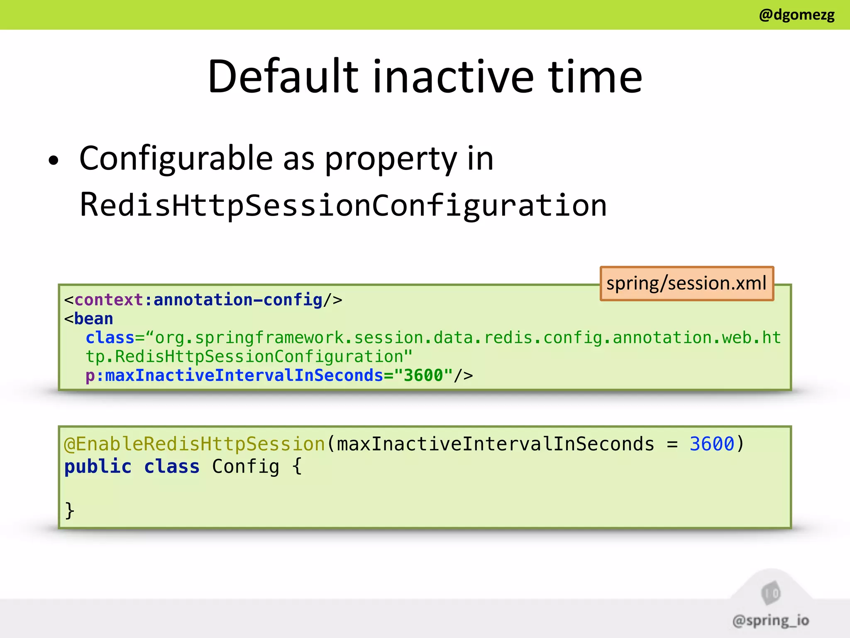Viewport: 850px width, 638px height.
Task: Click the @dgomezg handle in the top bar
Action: [x=796, y=15]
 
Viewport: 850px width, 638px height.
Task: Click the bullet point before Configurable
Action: [x=54, y=161]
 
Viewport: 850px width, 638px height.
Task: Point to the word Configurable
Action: [x=176, y=159]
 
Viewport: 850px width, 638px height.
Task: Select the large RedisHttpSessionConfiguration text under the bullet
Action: [x=343, y=206]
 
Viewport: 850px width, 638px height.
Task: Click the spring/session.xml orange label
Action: [x=686, y=283]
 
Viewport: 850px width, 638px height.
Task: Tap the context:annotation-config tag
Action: [x=198, y=299]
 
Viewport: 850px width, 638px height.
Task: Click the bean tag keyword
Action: [x=93, y=319]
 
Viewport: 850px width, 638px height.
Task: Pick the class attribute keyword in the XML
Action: [x=110, y=338]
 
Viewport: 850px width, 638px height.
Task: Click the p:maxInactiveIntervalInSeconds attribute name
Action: [x=234, y=375]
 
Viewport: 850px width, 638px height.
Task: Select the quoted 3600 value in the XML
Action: [x=423, y=375]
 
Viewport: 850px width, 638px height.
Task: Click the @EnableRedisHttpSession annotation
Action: [x=194, y=444]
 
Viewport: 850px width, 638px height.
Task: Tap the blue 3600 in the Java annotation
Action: [x=711, y=444]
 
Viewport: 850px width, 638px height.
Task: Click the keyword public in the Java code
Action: [x=98, y=466]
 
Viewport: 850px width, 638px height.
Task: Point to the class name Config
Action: [x=246, y=466]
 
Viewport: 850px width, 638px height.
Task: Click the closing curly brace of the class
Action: [x=70, y=510]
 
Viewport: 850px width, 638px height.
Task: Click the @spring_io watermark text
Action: [x=771, y=621]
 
